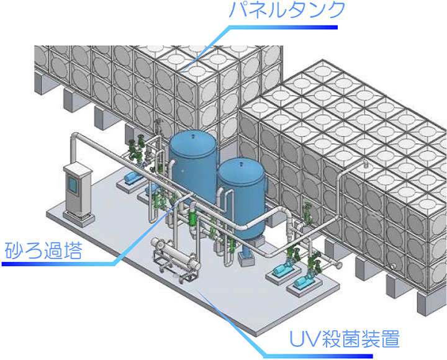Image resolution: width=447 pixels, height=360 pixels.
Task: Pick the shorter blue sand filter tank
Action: click(x=240, y=196)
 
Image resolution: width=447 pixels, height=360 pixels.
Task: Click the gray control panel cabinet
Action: click(x=78, y=192)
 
